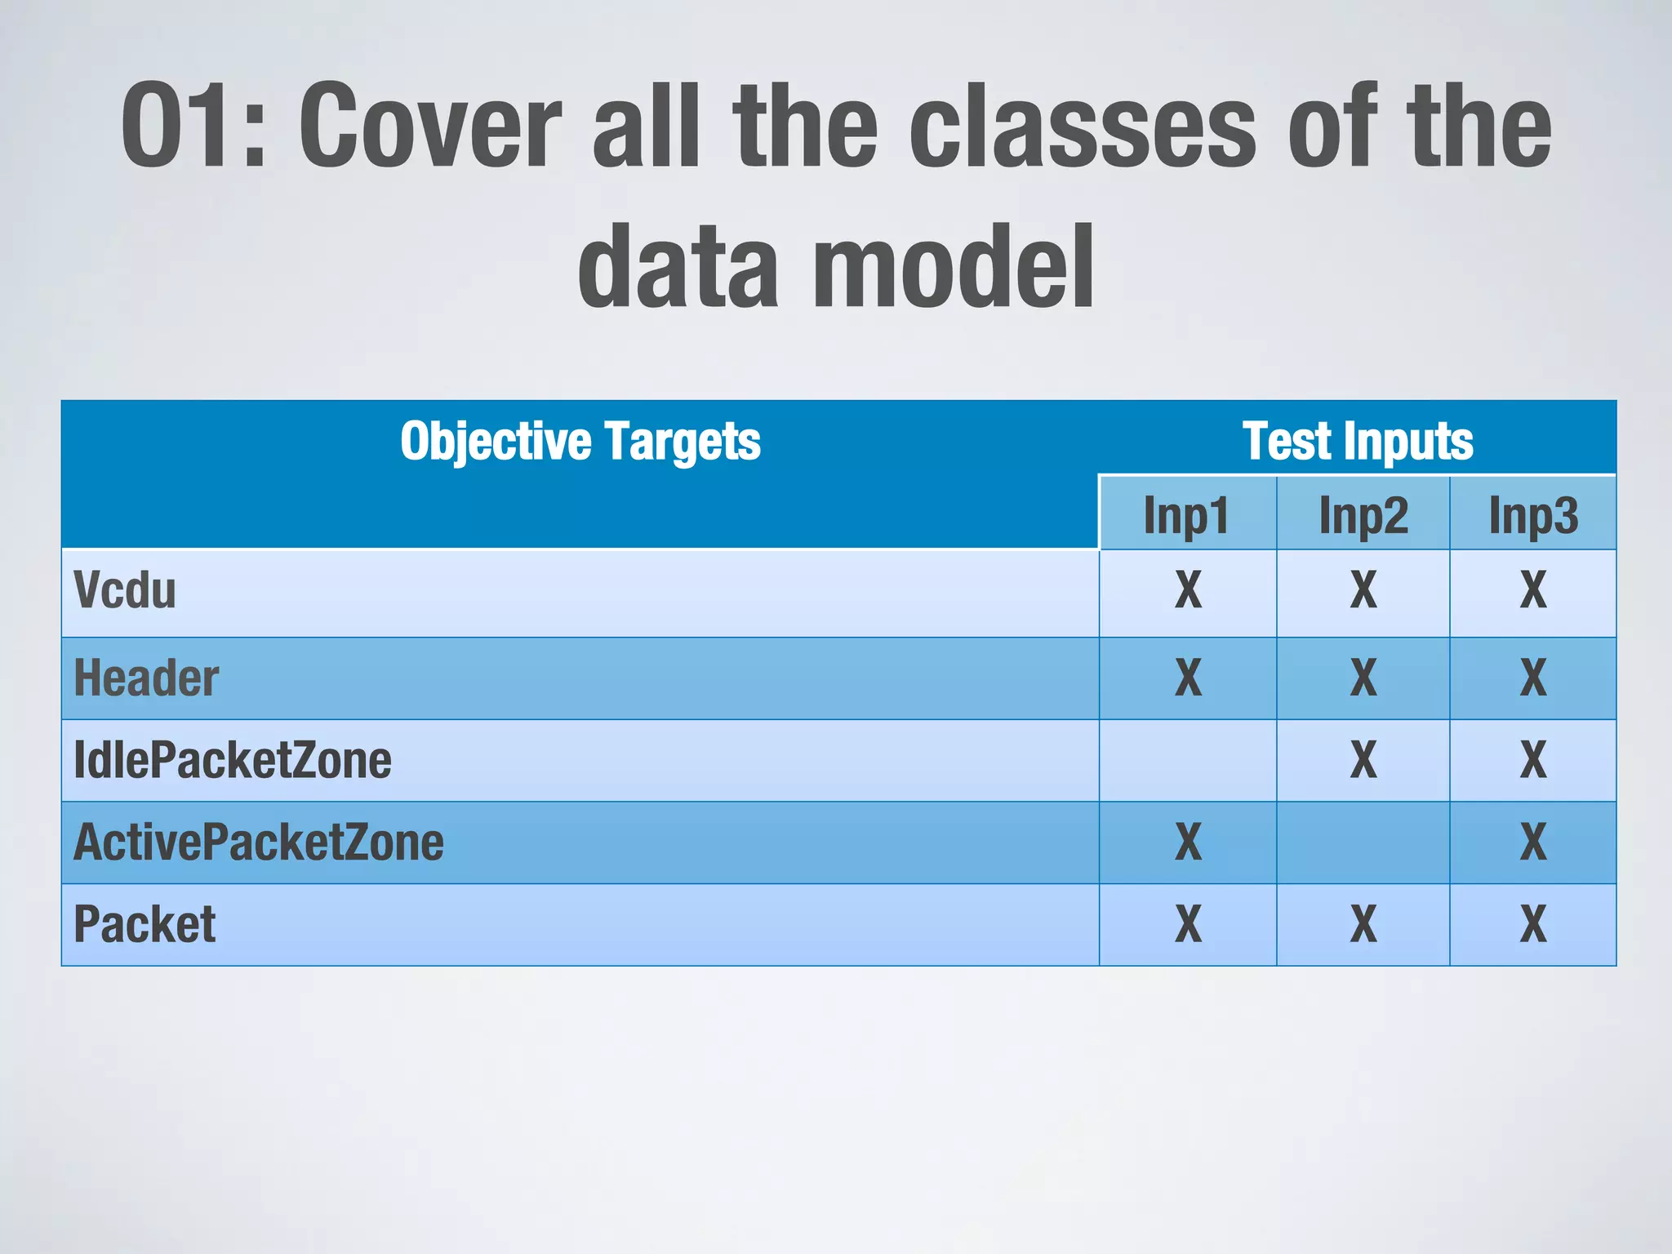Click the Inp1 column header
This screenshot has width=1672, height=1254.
pos(1186,515)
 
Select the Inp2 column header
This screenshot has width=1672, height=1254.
pos(1363,515)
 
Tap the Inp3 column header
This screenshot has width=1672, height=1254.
pos(1533,515)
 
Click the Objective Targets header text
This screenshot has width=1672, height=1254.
pos(580,442)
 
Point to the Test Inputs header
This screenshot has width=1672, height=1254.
pos(1357,442)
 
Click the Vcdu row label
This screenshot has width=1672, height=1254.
pos(125,590)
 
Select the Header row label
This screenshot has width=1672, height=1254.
pos(146,678)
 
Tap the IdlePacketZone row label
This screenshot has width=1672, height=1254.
pos(233,760)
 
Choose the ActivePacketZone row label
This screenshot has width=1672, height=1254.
pos(259,843)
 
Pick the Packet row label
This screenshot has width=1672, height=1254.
pos(145,924)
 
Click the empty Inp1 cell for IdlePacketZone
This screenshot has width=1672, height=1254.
pos(1188,760)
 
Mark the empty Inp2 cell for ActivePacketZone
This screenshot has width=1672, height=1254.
pos(1363,843)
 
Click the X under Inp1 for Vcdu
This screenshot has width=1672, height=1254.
pos(1188,590)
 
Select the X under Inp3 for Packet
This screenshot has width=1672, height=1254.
pos(1533,924)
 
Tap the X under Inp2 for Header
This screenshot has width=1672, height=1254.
pos(1363,678)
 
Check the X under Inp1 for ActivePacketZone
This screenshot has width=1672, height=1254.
pos(1188,843)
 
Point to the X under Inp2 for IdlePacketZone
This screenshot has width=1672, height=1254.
pos(1363,760)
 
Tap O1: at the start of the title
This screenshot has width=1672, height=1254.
pos(193,127)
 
